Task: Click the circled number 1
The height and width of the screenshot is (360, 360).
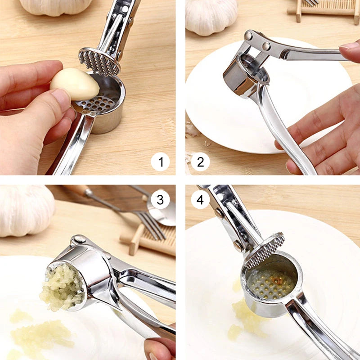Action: coord(160,162)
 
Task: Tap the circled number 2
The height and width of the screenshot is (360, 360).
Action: coord(200,162)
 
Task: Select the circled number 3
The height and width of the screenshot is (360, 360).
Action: coord(160,199)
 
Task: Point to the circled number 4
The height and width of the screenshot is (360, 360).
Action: coord(200,199)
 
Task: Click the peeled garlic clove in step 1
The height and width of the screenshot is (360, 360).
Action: coord(75,84)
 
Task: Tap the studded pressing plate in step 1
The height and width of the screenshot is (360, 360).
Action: coord(99,62)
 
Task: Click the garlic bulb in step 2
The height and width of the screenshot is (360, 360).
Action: coord(211,16)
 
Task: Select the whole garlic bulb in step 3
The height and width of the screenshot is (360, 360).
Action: coord(27,211)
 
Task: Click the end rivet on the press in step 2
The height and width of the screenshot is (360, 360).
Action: coord(248,36)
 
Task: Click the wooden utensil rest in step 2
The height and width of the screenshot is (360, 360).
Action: coord(323,10)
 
